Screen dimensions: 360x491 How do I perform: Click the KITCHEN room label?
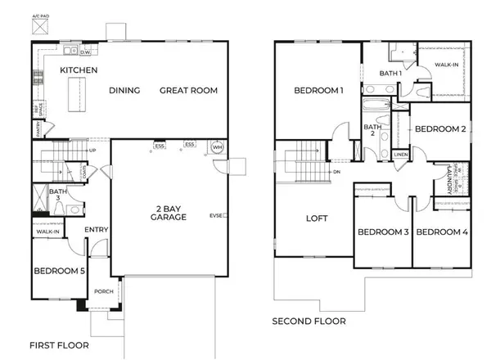79,70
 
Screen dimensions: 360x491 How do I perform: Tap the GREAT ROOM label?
188,90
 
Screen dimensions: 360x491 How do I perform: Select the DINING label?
124,90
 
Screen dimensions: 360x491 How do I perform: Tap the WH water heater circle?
217,147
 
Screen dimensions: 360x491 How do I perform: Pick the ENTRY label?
96,228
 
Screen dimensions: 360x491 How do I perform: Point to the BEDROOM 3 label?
383,232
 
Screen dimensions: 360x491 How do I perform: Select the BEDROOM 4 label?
441,232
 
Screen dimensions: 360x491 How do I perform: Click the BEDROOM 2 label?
439,129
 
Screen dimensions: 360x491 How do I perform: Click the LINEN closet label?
400,154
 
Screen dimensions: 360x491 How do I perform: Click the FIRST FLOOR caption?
58,345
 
